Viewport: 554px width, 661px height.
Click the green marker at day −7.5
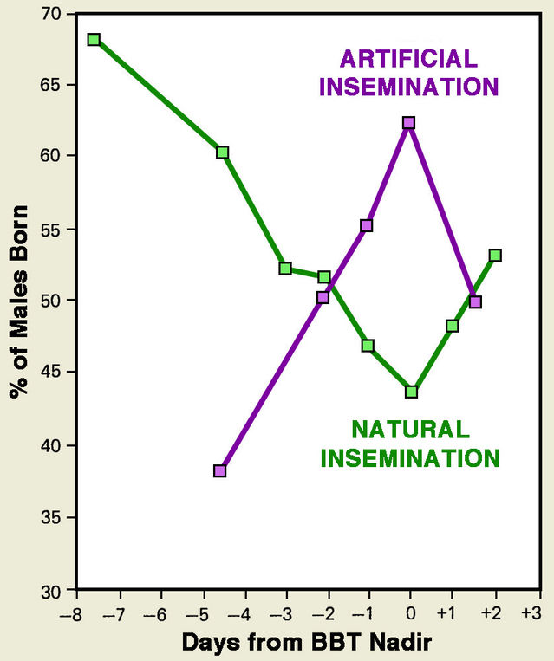[94, 39]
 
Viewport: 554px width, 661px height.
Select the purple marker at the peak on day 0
[409, 123]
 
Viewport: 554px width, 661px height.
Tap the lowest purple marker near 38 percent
[220, 470]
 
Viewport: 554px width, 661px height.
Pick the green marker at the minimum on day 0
[411, 392]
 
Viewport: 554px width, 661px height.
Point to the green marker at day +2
[495, 255]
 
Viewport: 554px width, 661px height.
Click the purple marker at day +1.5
[475, 301]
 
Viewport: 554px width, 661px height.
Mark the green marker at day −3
[285, 269]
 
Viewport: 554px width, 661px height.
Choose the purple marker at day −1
[367, 225]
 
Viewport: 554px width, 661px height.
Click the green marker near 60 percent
[223, 152]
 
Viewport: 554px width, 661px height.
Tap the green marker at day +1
[452, 326]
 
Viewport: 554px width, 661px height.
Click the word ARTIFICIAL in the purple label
[409, 59]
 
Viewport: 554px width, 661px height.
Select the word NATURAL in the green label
[410, 428]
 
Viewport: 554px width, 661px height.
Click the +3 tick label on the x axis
[531, 612]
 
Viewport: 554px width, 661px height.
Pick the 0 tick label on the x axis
[411, 612]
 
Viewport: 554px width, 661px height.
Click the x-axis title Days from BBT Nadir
[306, 643]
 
